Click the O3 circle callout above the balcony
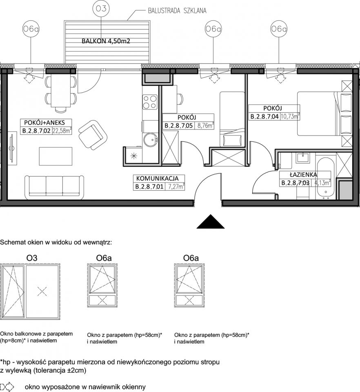[101, 9]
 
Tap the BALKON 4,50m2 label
[106, 41]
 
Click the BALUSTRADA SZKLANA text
[177, 11]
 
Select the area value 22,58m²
[62, 131]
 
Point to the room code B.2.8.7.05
[179, 125]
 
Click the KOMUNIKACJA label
[158, 178]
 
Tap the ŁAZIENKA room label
[303, 174]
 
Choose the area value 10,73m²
[290, 116]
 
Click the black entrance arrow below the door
[210, 221]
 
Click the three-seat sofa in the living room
[54, 187]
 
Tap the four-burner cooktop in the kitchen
[150, 102]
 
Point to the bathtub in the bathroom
[326, 178]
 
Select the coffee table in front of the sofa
[56, 156]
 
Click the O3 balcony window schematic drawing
[31, 292]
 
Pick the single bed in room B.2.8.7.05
[232, 119]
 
